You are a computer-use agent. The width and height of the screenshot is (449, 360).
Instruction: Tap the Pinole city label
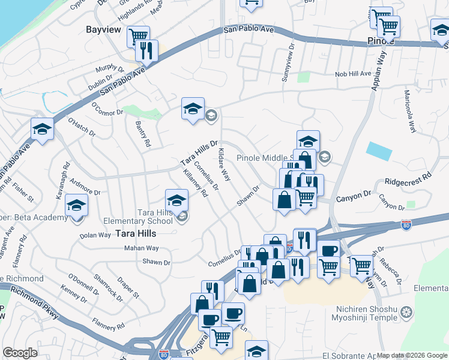[x=380, y=42]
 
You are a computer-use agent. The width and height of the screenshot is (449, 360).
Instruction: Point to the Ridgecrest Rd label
[x=408, y=179]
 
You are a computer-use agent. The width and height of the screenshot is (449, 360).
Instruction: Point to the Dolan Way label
[x=95, y=235]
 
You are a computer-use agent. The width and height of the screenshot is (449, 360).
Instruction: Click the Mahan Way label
[x=142, y=248]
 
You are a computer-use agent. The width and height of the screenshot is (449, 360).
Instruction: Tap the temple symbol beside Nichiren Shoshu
[x=407, y=312]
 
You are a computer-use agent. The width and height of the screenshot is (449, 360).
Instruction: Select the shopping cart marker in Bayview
[x=138, y=37]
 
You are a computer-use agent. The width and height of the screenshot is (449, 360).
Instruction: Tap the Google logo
[x=20, y=352]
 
